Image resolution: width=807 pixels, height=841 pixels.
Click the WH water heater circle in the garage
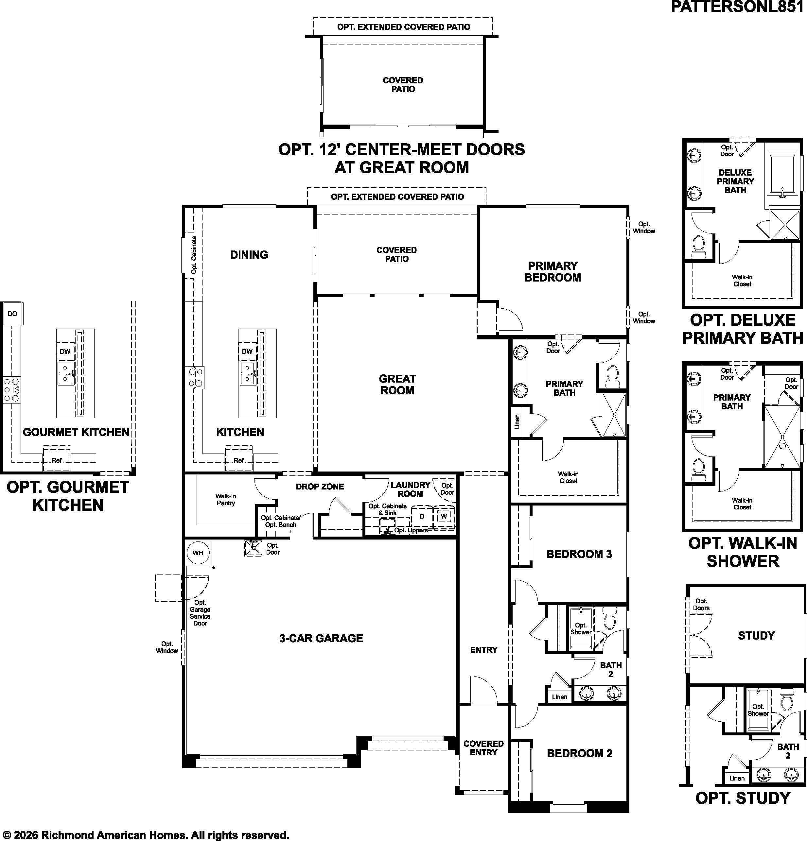(x=198, y=553)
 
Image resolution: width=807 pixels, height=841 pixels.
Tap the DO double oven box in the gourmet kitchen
(x=12, y=314)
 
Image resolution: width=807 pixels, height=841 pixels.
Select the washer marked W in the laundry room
(x=444, y=516)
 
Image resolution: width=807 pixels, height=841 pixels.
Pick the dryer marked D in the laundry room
(x=422, y=516)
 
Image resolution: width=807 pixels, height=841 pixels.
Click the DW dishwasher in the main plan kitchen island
(x=247, y=352)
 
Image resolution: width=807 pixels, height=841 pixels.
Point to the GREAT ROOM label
(x=397, y=385)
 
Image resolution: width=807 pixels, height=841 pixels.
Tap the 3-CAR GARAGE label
(x=321, y=639)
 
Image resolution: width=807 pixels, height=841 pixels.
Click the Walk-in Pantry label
(x=226, y=499)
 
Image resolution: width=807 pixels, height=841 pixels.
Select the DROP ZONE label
(x=320, y=487)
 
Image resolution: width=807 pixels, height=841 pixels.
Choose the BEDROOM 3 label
(x=579, y=554)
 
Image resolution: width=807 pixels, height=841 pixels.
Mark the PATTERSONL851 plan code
(x=737, y=7)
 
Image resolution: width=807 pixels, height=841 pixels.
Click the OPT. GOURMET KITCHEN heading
(x=68, y=496)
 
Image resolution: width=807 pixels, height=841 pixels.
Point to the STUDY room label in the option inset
(x=756, y=635)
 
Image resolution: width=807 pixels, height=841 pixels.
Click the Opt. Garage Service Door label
(x=200, y=613)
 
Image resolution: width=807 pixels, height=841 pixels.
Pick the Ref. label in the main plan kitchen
(x=239, y=461)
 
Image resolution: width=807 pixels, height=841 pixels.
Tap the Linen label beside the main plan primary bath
(x=517, y=421)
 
